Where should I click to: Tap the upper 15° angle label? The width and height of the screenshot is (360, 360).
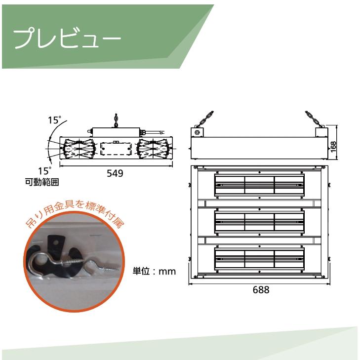point(54,120)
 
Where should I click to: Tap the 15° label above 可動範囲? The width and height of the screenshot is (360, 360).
point(44,171)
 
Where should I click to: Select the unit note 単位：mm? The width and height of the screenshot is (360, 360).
point(155,271)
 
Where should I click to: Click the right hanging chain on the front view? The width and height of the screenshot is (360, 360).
point(313,120)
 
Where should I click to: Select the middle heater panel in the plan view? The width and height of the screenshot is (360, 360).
point(259,222)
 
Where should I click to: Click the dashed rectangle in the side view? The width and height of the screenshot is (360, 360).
point(114,149)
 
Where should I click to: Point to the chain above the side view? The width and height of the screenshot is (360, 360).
point(116,120)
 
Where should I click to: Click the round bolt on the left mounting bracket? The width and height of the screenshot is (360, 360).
point(198,132)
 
